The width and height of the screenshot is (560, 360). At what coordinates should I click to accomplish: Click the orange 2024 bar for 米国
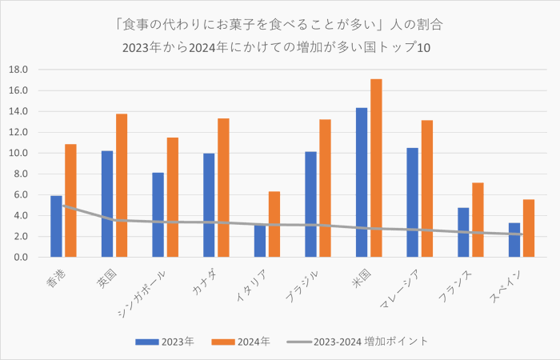376,168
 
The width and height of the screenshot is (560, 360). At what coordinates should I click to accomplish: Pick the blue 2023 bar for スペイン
514,240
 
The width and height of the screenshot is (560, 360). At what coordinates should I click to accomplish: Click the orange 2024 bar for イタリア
274,224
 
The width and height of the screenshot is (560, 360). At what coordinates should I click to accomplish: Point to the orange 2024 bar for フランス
478,220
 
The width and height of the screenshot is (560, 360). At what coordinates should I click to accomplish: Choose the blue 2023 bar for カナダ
209,205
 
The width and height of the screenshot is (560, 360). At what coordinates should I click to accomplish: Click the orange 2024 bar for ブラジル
325,188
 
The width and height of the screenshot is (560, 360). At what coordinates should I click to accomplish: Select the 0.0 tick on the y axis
20,258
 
